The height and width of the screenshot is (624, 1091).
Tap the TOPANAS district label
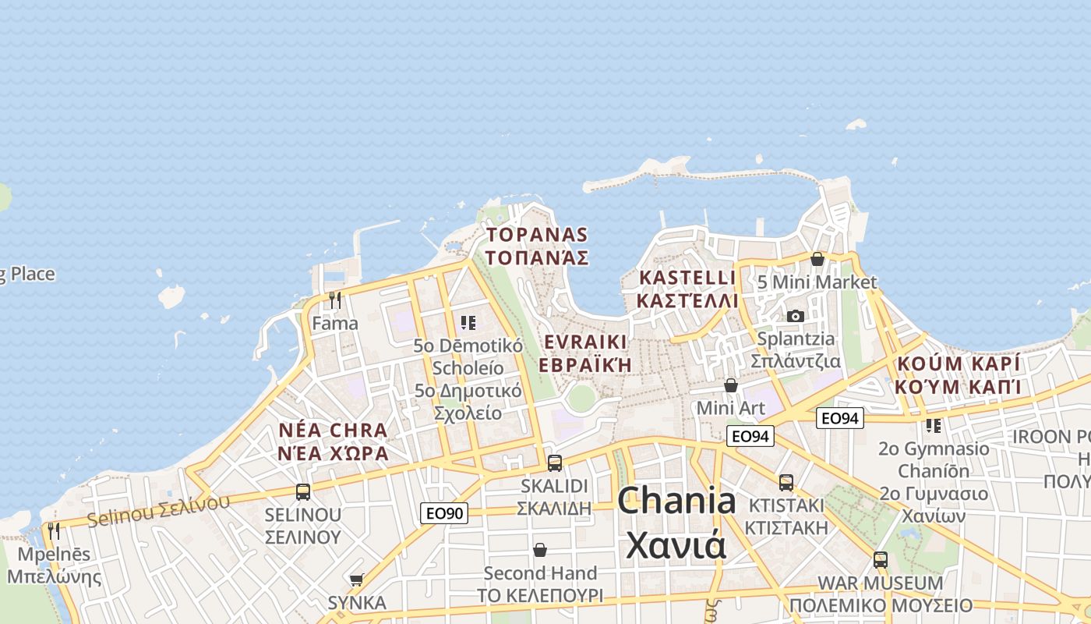click(x=537, y=246)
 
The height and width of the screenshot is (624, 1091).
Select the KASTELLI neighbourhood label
click(x=687, y=289)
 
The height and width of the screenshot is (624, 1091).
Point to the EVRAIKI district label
click(x=584, y=353)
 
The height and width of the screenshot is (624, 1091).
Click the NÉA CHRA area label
click(x=334, y=441)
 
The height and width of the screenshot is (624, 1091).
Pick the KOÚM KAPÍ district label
click(x=958, y=374)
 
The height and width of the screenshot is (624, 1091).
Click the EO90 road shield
click(x=444, y=513)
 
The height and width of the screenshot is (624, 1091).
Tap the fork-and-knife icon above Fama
click(x=335, y=300)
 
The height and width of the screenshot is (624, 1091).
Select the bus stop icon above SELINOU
click(x=303, y=492)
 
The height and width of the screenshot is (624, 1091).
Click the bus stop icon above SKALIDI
click(x=555, y=463)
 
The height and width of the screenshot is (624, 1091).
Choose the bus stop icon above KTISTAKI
click(x=786, y=482)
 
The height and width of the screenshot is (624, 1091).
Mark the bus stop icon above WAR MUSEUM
click(x=881, y=559)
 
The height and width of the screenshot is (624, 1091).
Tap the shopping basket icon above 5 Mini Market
click(x=817, y=259)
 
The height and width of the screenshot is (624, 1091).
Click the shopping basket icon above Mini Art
click(x=731, y=385)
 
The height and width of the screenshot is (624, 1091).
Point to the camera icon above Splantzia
click(x=796, y=316)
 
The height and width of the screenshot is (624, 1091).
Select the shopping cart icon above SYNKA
click(x=357, y=580)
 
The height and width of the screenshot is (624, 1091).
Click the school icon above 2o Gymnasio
click(x=934, y=426)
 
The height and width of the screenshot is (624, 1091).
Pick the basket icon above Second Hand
click(x=539, y=551)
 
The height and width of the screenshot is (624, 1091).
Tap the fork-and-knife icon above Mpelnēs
click(x=54, y=531)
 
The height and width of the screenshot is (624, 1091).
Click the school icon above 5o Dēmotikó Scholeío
click(x=468, y=322)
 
